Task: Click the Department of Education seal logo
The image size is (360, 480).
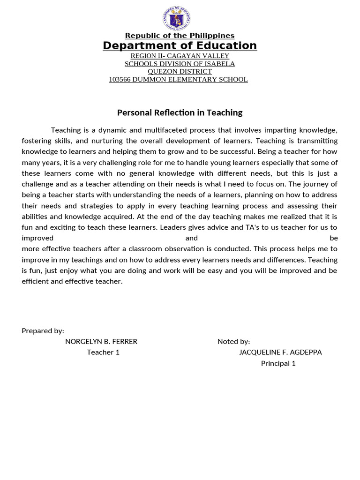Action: point(177,19)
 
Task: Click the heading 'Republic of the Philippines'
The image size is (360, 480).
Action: point(180,36)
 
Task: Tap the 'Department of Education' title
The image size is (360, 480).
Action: point(180,45)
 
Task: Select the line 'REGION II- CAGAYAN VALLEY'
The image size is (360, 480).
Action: point(180,56)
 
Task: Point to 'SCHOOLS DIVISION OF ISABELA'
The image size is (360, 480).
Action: point(180,64)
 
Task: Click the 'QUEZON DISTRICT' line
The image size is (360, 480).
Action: point(180,71)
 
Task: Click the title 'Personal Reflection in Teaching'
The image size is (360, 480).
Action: point(180,112)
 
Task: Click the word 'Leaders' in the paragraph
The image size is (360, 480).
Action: point(174,227)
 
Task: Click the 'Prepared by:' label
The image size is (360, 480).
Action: point(43,331)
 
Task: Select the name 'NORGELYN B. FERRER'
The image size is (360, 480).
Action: point(101,342)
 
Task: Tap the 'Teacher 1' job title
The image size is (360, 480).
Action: point(103,352)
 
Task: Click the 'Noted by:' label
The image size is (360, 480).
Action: point(233,342)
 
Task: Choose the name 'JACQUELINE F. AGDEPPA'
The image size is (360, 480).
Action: point(280,352)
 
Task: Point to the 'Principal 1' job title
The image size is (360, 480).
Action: point(278,363)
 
